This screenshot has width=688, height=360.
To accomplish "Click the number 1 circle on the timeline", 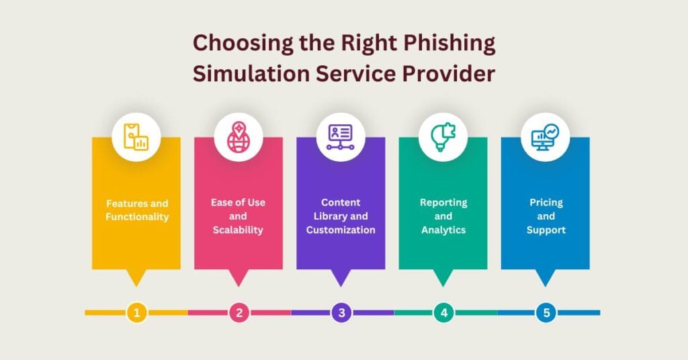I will point(136,312).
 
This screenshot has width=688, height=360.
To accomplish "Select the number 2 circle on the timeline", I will point(239,312).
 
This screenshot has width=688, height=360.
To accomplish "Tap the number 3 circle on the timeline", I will point(341,312).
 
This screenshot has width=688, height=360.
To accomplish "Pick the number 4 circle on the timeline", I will point(443,312).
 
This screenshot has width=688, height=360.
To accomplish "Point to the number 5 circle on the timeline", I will point(546,312).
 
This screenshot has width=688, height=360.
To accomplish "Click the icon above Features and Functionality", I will point(136,137).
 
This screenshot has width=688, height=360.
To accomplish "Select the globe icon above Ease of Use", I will point(239,137).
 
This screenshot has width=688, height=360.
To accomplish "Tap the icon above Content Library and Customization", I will point(341,137).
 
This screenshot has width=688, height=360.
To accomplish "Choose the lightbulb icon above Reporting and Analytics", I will point(443,137).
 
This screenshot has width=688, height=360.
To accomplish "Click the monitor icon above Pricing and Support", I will point(545,137).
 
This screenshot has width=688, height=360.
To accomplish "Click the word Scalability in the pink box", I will point(239,230).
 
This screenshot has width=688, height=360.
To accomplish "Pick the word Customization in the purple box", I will point(341,230).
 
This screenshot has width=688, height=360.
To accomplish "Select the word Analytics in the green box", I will point(443,230).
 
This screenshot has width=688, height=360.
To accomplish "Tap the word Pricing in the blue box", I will point(546,202).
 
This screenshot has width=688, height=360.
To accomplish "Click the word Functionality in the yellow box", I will point(136,216).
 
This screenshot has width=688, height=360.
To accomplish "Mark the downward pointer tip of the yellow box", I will point(136,285).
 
